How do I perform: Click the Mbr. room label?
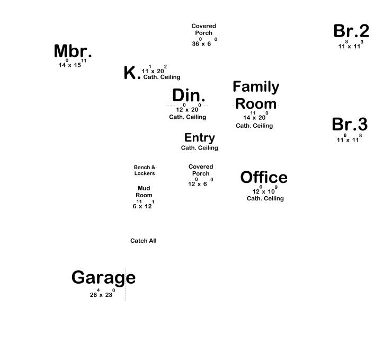coord(73,52)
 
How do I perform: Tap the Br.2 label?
coord(351,31)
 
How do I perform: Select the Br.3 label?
coord(350,125)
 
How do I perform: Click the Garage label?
coord(103,277)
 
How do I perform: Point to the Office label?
coord(264,178)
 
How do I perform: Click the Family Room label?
coord(256,95)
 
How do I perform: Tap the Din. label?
coord(189,95)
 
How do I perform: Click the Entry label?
coord(200,138)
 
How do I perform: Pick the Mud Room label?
coord(144,191)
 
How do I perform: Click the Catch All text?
coord(144,241)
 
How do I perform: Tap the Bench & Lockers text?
coord(145,170)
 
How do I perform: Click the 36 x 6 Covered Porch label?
coord(204,33)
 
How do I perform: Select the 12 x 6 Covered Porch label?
coord(201,170)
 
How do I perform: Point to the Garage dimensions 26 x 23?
coord(102,295)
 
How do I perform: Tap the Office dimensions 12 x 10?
coord(264,191)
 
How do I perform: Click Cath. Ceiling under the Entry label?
coord(200,148)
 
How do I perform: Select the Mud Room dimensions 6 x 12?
coord(143,206)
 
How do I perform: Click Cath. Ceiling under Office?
coord(265,198)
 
